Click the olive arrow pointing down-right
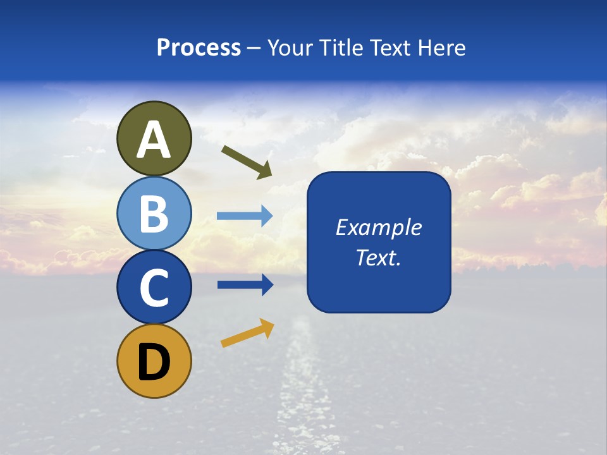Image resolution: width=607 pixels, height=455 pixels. pyautogui.click(x=247, y=162)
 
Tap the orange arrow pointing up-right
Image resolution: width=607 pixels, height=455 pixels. pyautogui.click(x=247, y=334)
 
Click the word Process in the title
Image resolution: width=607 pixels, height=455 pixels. pyautogui.click(x=199, y=48)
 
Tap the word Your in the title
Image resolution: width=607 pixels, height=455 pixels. pyautogui.click(x=289, y=48)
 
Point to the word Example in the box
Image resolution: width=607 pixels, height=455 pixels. pyautogui.click(x=378, y=227)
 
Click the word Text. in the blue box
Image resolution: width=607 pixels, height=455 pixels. pyautogui.click(x=378, y=258)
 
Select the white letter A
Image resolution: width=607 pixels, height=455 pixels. pyautogui.click(x=154, y=140)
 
